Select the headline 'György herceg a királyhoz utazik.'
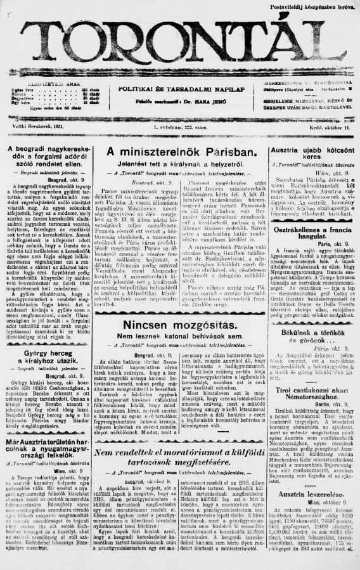[44, 357]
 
